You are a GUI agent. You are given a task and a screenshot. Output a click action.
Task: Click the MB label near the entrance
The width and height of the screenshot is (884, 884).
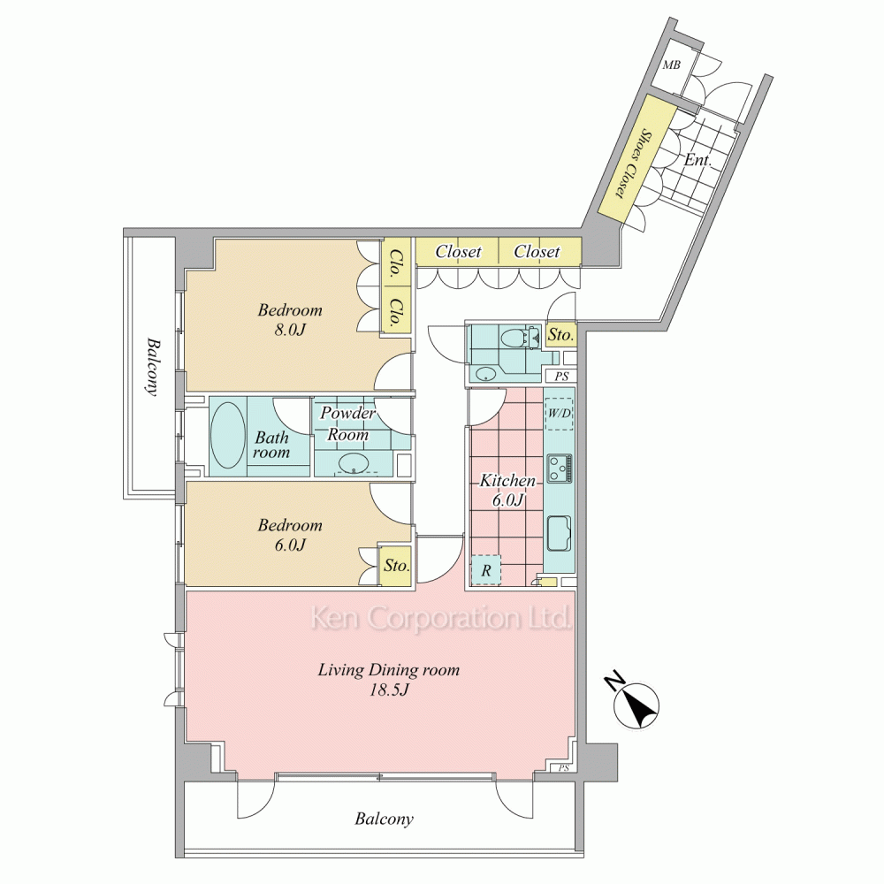click(671, 65)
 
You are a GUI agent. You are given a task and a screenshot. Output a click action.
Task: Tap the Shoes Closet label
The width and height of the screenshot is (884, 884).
click(631, 163)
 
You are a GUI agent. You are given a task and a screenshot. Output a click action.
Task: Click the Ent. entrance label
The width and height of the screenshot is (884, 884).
click(697, 160)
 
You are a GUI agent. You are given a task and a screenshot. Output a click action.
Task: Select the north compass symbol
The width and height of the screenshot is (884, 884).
click(637, 705)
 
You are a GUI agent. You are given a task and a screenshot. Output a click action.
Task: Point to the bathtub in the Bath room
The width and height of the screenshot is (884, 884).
click(228, 435)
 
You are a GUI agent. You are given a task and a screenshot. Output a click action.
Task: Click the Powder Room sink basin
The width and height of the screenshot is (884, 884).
click(354, 463)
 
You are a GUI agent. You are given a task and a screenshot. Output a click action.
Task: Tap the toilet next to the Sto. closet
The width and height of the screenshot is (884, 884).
click(514, 339)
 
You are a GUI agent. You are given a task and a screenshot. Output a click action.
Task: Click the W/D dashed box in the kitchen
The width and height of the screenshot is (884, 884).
click(560, 413)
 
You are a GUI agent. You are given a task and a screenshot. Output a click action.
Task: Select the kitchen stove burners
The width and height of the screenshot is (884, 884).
click(560, 468)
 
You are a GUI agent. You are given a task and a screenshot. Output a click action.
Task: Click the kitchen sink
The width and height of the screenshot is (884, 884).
click(559, 533)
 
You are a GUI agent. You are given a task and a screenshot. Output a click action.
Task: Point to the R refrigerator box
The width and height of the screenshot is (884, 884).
click(485, 570)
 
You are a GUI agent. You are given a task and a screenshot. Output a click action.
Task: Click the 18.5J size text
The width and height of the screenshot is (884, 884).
click(388, 690)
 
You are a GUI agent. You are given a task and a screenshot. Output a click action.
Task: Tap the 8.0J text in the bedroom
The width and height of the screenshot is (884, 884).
click(290, 330)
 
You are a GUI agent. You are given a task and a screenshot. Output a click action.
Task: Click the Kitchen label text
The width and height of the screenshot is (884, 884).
click(507, 481)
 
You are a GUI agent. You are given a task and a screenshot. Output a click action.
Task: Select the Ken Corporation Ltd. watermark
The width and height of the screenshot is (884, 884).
click(441, 619)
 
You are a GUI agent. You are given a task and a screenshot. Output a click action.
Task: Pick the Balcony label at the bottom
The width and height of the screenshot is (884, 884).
click(384, 819)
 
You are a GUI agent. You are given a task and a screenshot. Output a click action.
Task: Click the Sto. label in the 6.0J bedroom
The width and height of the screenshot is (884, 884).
click(396, 565)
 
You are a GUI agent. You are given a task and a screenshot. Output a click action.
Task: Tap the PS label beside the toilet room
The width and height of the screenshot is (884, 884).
click(561, 376)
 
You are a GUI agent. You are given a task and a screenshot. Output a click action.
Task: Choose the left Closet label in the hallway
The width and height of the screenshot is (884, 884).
click(458, 251)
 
